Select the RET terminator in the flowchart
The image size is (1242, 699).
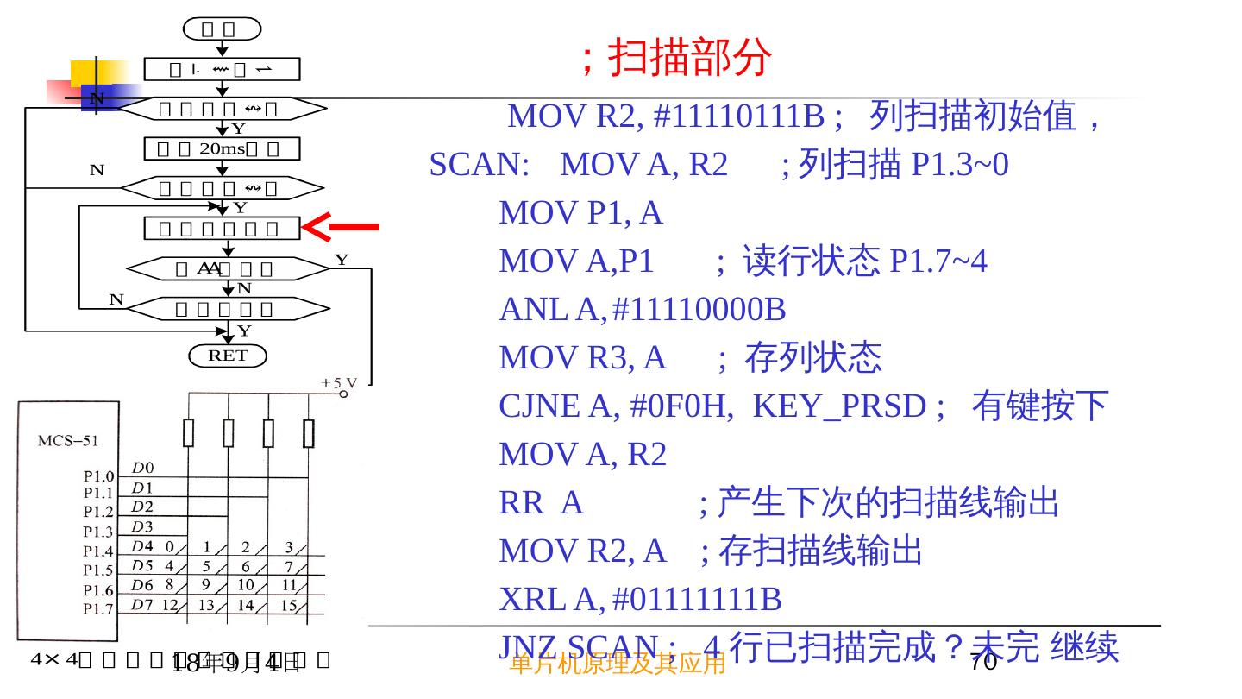point(228,355)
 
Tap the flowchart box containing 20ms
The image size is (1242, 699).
point(223,148)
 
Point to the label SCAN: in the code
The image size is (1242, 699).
point(480,164)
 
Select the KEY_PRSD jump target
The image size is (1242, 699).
point(839,406)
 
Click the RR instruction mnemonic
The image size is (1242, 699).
point(521,502)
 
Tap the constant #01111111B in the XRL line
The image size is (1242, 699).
point(696,599)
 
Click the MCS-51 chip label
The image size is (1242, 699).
point(67,441)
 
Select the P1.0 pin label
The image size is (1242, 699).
point(98,475)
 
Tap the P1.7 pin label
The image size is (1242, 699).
point(98,610)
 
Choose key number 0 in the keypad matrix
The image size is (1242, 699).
point(170,546)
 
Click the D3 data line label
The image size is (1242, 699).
point(141,526)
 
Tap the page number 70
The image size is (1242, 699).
point(983,663)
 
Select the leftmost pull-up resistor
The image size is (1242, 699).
point(188,433)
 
